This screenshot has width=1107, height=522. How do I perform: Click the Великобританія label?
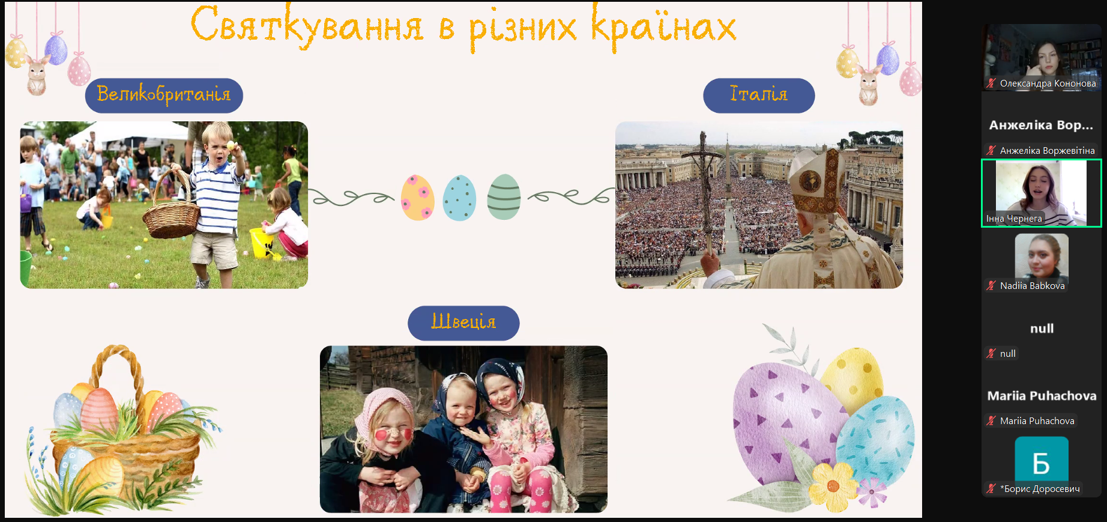(x=164, y=95)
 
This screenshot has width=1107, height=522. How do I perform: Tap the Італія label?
(x=759, y=95)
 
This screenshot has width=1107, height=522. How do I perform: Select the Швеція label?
(x=463, y=323)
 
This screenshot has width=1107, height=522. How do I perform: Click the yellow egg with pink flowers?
(x=418, y=198)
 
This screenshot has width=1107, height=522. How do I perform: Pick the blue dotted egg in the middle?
(x=459, y=198)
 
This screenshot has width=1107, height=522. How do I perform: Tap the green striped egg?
(x=504, y=197)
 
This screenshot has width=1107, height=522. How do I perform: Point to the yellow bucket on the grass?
(x=262, y=242)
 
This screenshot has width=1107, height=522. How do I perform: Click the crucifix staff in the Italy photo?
(x=704, y=198)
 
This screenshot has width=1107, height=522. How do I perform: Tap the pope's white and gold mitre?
(x=815, y=180)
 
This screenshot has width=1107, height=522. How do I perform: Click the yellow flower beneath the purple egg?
(x=833, y=485)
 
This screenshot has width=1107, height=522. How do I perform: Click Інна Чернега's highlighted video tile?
(x=1042, y=193)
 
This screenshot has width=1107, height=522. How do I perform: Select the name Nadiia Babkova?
(x=1033, y=286)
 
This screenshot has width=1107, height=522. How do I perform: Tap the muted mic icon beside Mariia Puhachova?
(x=991, y=420)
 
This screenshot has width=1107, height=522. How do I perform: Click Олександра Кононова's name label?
(x=1048, y=83)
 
